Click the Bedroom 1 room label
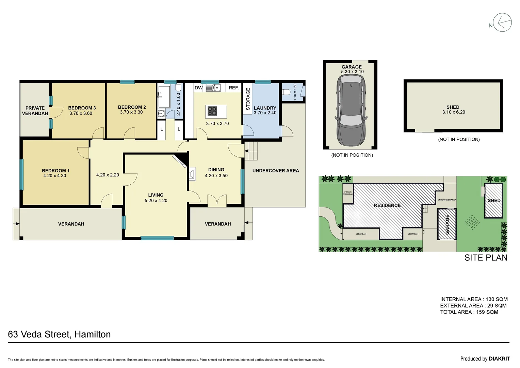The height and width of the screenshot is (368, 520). tap(55, 170)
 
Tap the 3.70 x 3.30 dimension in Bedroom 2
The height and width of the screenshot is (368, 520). tap(131, 112)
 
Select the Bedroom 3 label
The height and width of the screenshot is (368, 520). tap(82, 108)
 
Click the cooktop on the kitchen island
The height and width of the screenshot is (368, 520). tap(212, 111)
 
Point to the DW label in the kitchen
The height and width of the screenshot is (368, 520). tap(198, 88)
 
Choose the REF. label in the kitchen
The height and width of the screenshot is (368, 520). tap(233, 88)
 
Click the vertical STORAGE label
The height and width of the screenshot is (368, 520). tap(248, 99)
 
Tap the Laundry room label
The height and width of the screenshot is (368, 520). tap(265, 108)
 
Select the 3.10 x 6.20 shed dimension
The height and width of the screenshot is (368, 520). tap(453, 112)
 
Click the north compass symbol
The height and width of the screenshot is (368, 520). tap(502, 22)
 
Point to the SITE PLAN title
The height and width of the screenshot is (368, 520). tap(486, 258)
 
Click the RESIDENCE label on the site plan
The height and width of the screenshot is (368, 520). tap(387, 205)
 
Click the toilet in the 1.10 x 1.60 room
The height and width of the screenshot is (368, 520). tap(287, 92)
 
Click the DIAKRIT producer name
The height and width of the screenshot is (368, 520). tap(499, 358)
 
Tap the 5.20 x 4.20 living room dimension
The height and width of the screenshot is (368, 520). tap(156, 201)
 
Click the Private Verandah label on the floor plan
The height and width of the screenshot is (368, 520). tap(35, 111)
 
